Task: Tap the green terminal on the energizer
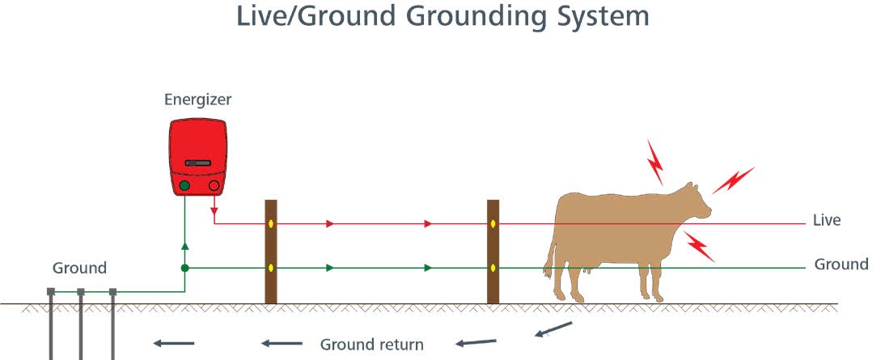point(184,186)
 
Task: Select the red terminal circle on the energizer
point(214,186)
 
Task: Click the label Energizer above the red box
point(198,100)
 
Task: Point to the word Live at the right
point(827,220)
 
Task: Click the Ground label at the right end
point(841,265)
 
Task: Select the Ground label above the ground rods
point(79,268)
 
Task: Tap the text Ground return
point(371,345)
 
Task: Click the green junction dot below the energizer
point(184,268)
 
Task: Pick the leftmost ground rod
point(51,324)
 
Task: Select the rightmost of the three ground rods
point(112,324)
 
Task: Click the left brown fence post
point(271,251)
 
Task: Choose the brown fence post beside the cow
point(493,251)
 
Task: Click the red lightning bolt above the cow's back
point(654,161)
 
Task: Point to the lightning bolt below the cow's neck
point(699,246)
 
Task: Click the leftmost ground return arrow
point(173,344)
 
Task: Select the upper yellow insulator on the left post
point(271,223)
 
